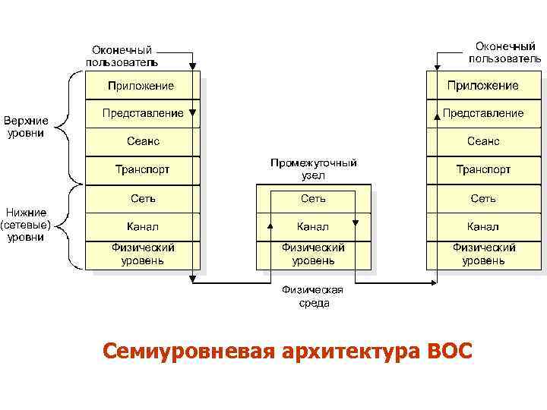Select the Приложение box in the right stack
(482, 85)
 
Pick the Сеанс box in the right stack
(482, 141)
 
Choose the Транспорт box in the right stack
(482, 169)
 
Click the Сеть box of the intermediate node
(312, 198)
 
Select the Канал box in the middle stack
(312, 226)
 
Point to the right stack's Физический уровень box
(482, 254)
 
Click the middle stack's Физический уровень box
(312, 254)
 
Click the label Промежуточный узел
(313, 169)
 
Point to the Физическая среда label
(313, 296)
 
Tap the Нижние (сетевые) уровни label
(26, 225)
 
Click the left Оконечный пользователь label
(122, 55)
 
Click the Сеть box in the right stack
(482, 198)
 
